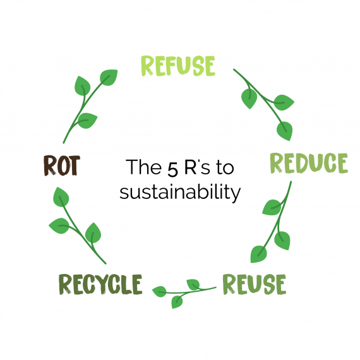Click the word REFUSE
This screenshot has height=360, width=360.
(178, 66)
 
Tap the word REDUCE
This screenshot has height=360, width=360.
(309, 163)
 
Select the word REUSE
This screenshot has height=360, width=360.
(255, 284)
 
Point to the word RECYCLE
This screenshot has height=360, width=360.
(100, 284)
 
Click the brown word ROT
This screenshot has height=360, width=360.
(62, 165)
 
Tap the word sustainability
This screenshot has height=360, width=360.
(180, 192)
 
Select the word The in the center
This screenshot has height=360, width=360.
(143, 167)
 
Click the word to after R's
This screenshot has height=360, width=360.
(225, 168)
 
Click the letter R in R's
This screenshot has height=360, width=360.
(191, 167)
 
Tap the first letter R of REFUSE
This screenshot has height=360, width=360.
(148, 66)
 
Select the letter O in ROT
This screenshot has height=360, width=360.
(62, 165)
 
